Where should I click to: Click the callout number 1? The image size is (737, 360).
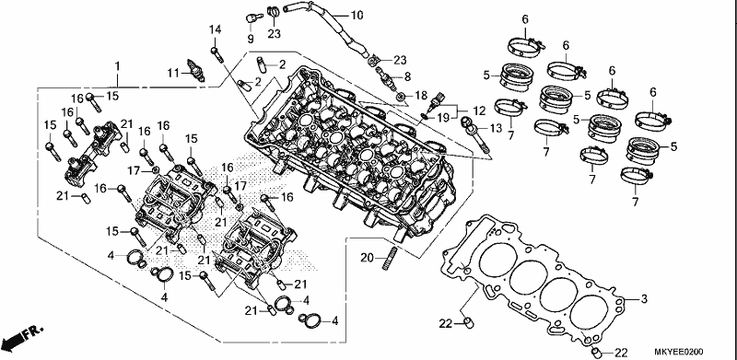(118, 65)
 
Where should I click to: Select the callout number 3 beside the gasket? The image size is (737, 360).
(644, 298)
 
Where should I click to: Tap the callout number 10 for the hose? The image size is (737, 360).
(357, 16)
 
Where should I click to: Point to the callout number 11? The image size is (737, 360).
(173, 73)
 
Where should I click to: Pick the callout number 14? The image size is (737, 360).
(215, 29)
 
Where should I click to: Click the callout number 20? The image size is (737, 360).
(368, 258)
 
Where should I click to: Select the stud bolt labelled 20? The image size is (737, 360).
(389, 259)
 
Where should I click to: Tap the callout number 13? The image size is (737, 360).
(496, 128)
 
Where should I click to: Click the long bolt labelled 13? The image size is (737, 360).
(474, 134)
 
